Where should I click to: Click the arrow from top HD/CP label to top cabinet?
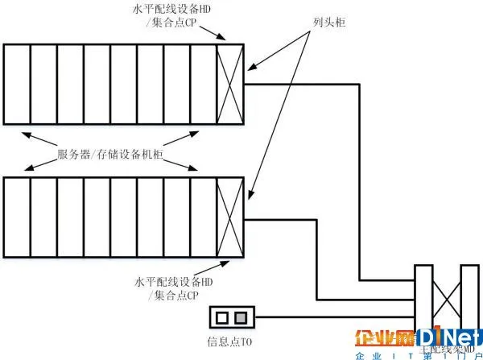(211, 34)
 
